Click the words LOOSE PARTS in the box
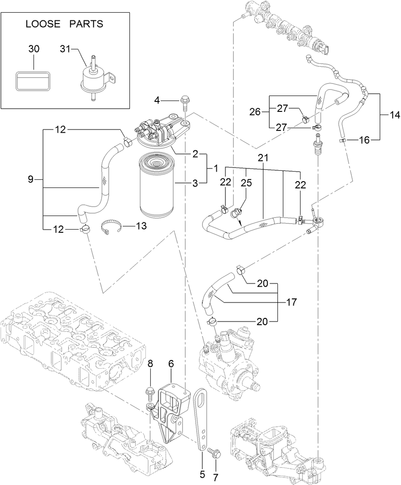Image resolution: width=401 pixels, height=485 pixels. pos(64,24)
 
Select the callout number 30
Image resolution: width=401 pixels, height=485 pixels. pos(34,49)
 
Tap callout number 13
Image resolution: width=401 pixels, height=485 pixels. pos(141,226)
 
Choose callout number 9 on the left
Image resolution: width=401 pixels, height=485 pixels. pos(30,179)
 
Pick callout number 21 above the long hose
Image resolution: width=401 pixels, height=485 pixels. pos(263,158)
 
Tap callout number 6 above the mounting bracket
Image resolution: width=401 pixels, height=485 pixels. pos(172,363)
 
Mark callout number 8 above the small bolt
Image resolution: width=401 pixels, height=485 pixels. pos(151,363)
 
